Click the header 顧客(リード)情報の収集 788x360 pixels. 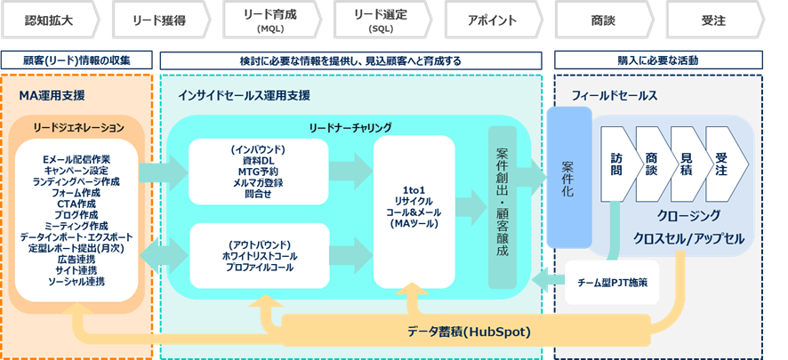pos(77,60)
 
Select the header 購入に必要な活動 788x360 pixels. pos(658,60)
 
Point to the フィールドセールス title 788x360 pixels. pos(613,95)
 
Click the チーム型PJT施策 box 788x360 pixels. pos(612,282)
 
